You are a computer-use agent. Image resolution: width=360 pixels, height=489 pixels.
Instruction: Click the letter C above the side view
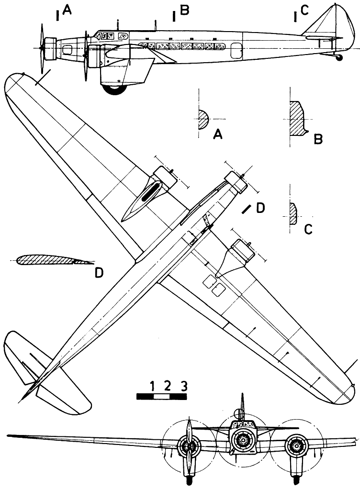(x=305, y=10)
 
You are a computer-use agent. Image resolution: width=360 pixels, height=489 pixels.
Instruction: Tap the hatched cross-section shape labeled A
(x=203, y=118)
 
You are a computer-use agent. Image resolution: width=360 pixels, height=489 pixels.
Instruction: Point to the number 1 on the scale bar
(x=152, y=386)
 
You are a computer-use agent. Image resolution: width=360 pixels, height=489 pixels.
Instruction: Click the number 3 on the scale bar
(x=183, y=386)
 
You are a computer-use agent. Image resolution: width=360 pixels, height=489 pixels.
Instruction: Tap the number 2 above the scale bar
(x=167, y=386)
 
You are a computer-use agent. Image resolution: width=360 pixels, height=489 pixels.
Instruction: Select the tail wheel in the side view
(x=340, y=57)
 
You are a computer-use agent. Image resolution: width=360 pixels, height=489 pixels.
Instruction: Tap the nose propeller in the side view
(x=43, y=48)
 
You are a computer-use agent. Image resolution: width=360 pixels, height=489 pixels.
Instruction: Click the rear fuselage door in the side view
(x=236, y=49)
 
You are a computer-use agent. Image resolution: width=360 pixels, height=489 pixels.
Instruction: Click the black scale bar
(x=161, y=396)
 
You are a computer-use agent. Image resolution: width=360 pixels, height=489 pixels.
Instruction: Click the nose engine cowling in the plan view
(x=232, y=178)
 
